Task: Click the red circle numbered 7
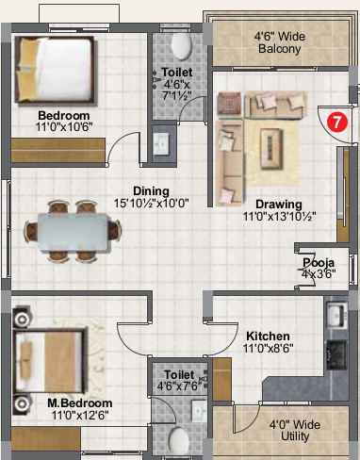pos(335,121)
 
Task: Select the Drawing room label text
pos(279,204)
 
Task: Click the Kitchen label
pos(268,336)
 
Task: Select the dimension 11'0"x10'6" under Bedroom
pos(51,124)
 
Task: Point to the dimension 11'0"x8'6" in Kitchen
pos(268,348)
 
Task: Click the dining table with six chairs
pos(73,231)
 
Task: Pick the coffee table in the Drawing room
pos(274,143)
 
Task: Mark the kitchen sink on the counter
pos(336,315)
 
